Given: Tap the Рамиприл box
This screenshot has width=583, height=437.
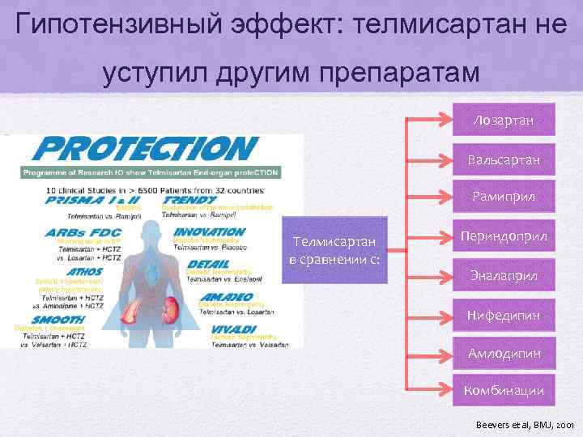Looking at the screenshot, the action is click(504, 197).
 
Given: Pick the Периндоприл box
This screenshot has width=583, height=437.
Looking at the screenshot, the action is click(504, 235).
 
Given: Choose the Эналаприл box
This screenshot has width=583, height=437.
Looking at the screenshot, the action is click(504, 275).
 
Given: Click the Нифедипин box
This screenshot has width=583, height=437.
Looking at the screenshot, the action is click(504, 315).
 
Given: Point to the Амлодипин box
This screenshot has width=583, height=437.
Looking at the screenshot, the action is click(504, 353).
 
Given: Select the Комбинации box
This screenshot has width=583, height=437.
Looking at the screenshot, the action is click(504, 391).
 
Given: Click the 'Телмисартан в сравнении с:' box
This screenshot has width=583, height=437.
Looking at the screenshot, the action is click(334, 250).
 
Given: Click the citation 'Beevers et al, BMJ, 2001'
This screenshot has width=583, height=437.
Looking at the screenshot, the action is click(525, 422).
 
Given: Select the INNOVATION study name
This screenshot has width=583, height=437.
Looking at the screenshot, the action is click(209, 231).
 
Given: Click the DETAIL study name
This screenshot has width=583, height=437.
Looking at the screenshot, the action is click(209, 264).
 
